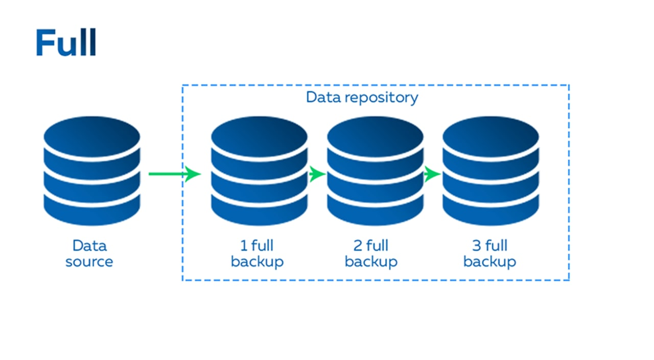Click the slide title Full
66,42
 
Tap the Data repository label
362,97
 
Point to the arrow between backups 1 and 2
317,174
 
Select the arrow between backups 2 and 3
432,174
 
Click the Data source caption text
89,254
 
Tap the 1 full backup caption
257,254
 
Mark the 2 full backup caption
371,254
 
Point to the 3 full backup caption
489,254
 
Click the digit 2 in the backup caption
358,246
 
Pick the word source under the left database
89,262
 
